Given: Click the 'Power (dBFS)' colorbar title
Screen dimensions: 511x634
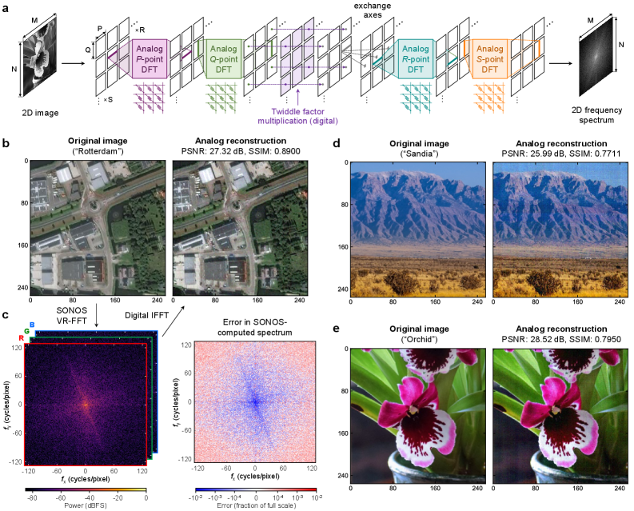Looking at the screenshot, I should [x=86, y=506].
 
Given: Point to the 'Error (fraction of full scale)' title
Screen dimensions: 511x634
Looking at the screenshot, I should [x=255, y=506].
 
